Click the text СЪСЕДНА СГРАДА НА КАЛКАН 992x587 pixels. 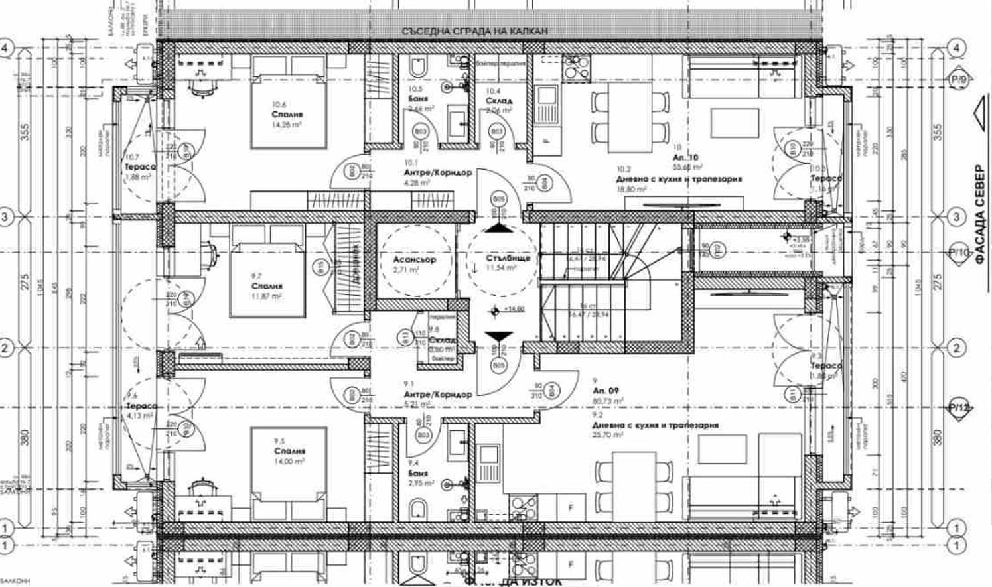pos(475,31)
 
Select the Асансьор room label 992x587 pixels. pos(414,259)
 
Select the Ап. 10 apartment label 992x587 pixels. pos(685,158)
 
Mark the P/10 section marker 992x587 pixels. pos(959,253)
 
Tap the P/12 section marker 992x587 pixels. pos(959,408)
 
